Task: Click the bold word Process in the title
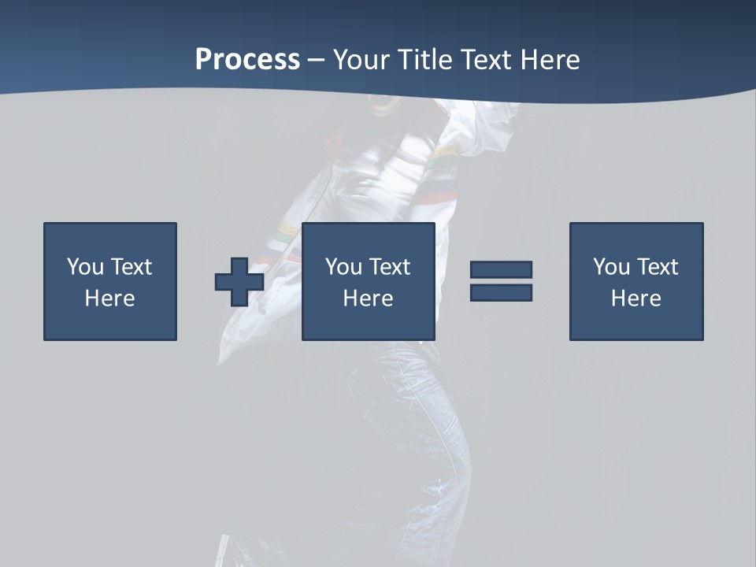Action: (247, 60)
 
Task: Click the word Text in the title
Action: (486, 60)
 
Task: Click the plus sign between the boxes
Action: (239, 282)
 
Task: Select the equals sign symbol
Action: (501, 281)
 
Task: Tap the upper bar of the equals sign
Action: (501, 270)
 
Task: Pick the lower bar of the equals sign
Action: (501, 292)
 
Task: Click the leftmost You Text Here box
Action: (109, 281)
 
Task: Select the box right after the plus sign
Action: (368, 281)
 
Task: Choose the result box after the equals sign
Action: (636, 281)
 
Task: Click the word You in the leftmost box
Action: (86, 267)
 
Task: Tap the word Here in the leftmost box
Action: (109, 298)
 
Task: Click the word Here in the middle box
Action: (368, 298)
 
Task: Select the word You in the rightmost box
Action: (612, 267)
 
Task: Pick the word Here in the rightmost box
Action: (636, 298)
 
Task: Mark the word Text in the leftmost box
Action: (131, 267)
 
